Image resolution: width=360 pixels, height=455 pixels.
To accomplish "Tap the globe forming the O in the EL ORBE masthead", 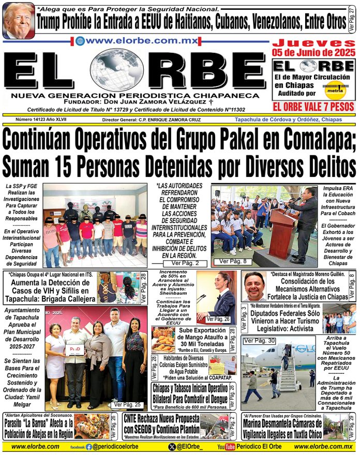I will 118,71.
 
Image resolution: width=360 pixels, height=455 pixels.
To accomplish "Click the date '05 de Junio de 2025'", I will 314,53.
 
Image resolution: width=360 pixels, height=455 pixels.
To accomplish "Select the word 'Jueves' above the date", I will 314,43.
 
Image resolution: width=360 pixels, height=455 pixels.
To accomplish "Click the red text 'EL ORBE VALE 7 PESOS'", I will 313,107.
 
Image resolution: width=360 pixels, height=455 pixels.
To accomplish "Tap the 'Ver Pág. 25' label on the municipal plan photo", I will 127,404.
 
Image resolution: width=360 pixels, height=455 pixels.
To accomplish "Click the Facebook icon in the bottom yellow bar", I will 88,447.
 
